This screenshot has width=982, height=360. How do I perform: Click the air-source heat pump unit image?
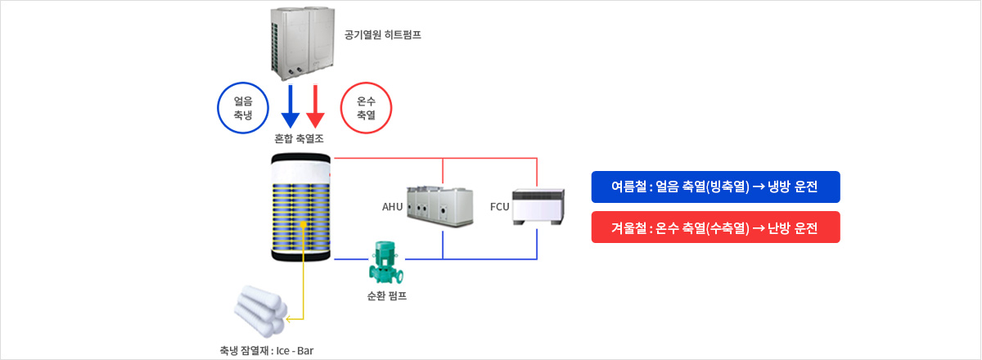point(302,43)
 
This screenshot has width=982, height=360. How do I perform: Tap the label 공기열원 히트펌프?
point(383,34)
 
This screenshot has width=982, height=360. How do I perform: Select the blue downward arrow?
point(291,106)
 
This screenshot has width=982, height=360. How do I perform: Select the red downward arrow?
point(315,106)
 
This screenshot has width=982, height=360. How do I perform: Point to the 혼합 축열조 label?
point(299,139)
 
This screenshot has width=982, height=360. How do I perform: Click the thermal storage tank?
point(301,207)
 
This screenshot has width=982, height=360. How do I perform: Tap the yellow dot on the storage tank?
point(303,224)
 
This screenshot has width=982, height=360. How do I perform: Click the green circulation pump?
point(385,262)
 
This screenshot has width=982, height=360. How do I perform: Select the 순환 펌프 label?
point(386,296)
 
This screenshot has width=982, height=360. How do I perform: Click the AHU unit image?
point(439,206)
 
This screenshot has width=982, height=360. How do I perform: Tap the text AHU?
point(392,207)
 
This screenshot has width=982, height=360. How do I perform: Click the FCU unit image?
point(538,207)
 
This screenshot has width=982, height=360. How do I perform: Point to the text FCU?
point(500,207)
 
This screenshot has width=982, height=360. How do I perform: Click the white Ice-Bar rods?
point(260,310)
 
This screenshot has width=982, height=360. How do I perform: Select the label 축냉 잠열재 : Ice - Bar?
point(267,351)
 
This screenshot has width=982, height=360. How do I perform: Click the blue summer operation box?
point(715,187)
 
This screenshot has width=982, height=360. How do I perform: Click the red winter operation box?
point(715,227)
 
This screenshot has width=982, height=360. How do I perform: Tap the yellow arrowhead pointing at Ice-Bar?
point(288,319)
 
